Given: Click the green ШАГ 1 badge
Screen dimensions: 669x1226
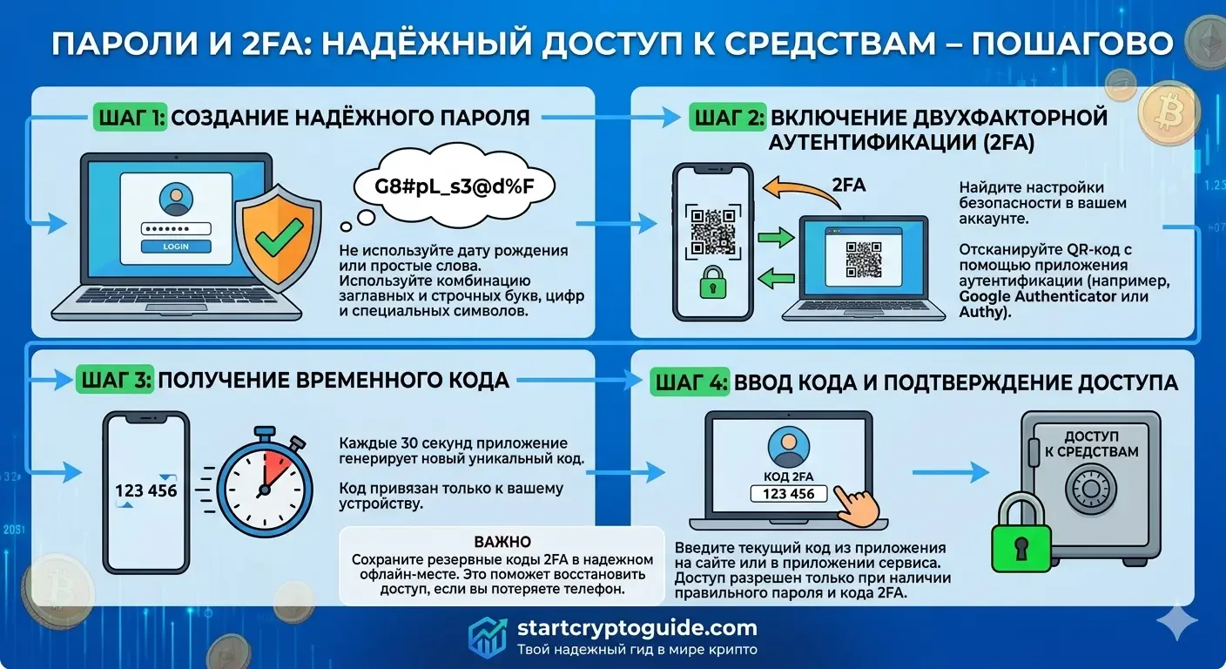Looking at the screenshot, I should point(129,118).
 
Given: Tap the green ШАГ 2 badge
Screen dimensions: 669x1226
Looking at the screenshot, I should point(725,118).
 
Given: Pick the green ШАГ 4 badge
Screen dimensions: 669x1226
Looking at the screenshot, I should point(687,382).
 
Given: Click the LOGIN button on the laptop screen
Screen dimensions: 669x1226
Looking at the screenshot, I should point(176,247).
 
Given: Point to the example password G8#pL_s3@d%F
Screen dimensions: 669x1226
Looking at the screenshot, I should point(454,186).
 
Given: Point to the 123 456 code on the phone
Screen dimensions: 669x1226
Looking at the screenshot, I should point(145,490).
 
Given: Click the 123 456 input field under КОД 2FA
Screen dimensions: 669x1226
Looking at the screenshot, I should point(788,494).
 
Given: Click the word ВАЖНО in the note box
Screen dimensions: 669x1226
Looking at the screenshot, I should point(502,542).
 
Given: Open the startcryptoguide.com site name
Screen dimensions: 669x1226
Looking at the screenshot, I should point(637,627).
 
